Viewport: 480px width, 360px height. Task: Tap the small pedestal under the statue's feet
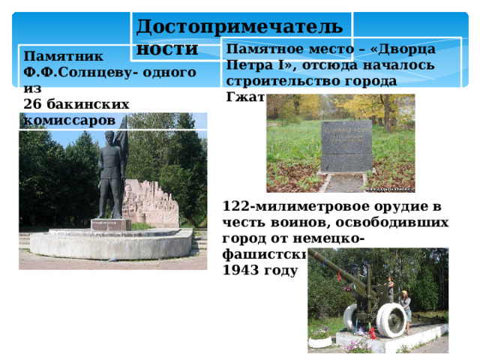[x=111, y=223]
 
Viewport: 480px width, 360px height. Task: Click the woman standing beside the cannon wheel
[x=406, y=309]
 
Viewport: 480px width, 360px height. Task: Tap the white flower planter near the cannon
[x=321, y=340]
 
